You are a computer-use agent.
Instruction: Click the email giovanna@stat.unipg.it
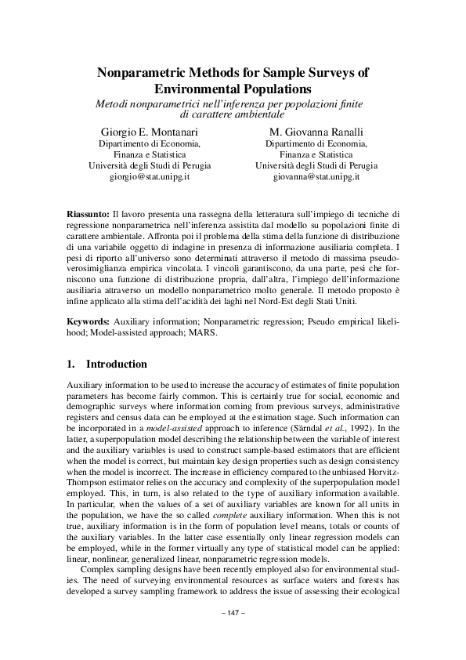(316, 178)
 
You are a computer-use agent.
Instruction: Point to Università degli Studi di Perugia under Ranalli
(316, 166)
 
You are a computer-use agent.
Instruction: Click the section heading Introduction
(116, 364)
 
